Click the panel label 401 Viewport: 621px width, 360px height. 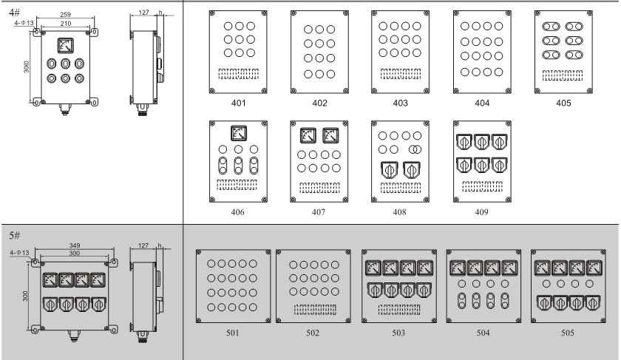(238, 103)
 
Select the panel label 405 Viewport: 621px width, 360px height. (563, 103)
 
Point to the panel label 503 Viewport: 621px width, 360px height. (398, 333)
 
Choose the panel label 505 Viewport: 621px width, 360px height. (567, 333)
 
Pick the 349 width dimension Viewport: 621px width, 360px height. (74, 245)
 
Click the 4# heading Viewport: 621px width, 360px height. (14, 13)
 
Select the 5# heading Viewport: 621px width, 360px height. (14, 235)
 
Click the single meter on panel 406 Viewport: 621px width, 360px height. (237, 134)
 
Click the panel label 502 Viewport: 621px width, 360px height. (313, 333)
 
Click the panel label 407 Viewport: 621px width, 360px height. (319, 213)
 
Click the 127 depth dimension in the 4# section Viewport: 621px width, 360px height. (144, 13)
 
